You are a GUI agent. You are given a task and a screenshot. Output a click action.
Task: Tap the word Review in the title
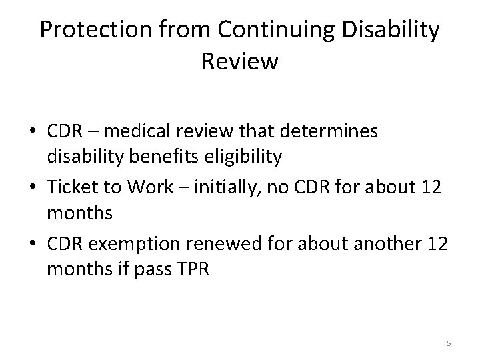click(x=239, y=61)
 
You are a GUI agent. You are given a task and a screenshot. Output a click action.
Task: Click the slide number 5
click(x=448, y=343)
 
